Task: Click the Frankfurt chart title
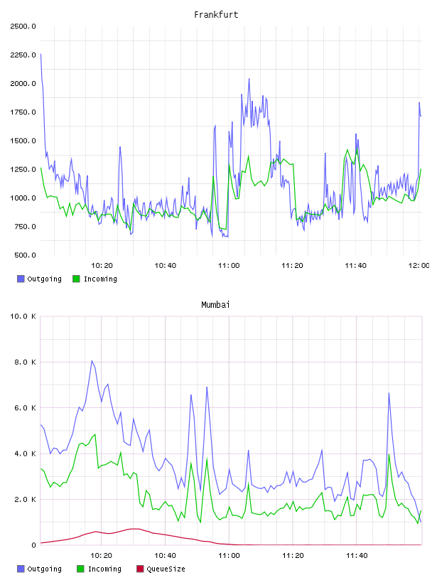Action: coord(216,15)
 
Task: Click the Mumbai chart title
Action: coord(215,305)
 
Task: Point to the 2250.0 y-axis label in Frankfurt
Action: coord(23,55)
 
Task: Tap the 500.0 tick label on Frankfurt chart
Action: coord(25,255)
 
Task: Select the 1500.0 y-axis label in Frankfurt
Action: coord(23,141)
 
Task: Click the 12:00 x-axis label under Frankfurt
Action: coord(419,266)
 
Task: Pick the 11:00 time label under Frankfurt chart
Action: coord(229,266)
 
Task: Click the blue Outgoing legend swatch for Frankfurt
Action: coord(21,279)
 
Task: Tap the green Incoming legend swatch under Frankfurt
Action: coord(76,279)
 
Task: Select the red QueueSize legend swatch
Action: coord(140,569)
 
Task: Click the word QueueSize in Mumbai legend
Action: coord(166,569)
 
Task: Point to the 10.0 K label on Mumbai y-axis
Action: coord(23,316)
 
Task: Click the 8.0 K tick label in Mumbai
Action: coord(25,362)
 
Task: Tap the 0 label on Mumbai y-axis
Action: coord(33,545)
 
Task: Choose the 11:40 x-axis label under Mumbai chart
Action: coord(357,556)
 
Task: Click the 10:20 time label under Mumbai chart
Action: coord(102,556)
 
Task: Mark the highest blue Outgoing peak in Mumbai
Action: coord(92,360)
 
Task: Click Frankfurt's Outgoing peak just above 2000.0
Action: coord(249,79)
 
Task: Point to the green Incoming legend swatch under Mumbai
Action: coord(80,569)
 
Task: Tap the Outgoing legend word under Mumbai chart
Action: coord(44,569)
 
